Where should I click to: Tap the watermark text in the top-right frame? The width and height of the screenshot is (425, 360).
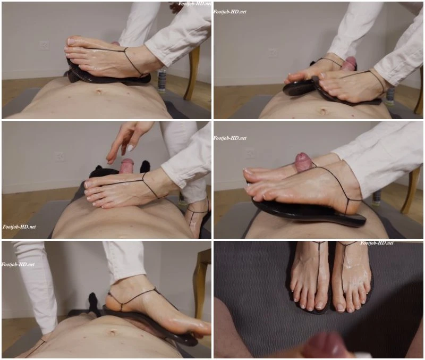(x=230, y=12)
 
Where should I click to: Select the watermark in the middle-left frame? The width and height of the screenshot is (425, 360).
(x=19, y=227)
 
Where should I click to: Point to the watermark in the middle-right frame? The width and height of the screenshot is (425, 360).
(x=230, y=138)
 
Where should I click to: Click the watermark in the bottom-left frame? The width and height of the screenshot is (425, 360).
(x=18, y=264)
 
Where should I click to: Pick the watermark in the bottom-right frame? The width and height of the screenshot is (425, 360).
(x=377, y=243)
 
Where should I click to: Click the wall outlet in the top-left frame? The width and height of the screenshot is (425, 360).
(x=44, y=45)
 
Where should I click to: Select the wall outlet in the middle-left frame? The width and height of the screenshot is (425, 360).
(x=59, y=156)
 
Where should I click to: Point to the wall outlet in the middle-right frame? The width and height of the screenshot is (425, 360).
(x=250, y=153)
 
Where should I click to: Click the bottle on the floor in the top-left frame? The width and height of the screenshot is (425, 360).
(x=162, y=81)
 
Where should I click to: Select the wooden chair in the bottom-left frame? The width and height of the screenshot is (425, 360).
(x=202, y=282)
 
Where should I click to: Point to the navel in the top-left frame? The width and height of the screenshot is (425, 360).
(x=98, y=91)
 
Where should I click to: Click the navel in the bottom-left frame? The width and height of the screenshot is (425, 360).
(x=112, y=332)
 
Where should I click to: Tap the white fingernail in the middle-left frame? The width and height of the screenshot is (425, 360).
(x=130, y=148)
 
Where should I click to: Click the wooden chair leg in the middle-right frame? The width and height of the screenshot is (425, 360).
(x=409, y=190)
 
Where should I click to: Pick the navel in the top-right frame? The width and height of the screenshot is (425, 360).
(x=322, y=111)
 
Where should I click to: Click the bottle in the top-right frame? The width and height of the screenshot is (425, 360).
(x=390, y=96)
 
